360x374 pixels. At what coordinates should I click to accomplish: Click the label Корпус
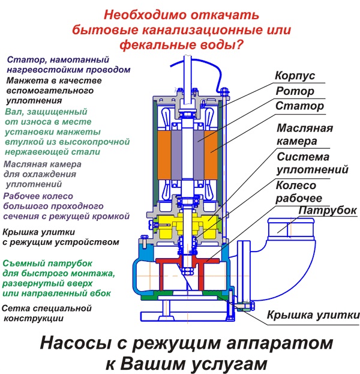[x=295, y=77]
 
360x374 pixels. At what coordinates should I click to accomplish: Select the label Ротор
[x=294, y=92]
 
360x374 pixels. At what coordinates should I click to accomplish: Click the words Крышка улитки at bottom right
[x=313, y=315]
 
